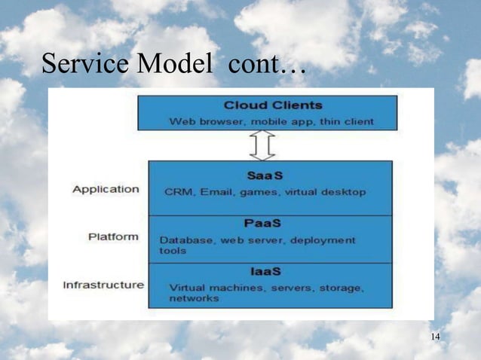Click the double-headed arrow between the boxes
pyautogui.click(x=262, y=145)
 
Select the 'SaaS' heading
pyautogui.click(x=262, y=175)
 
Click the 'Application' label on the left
pyautogui.click(x=106, y=189)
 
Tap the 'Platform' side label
pyautogui.click(x=113, y=236)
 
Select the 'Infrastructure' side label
pyautogui.click(x=103, y=285)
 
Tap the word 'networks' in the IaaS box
pyautogui.click(x=194, y=298)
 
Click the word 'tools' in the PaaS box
pyautogui.click(x=172, y=251)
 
